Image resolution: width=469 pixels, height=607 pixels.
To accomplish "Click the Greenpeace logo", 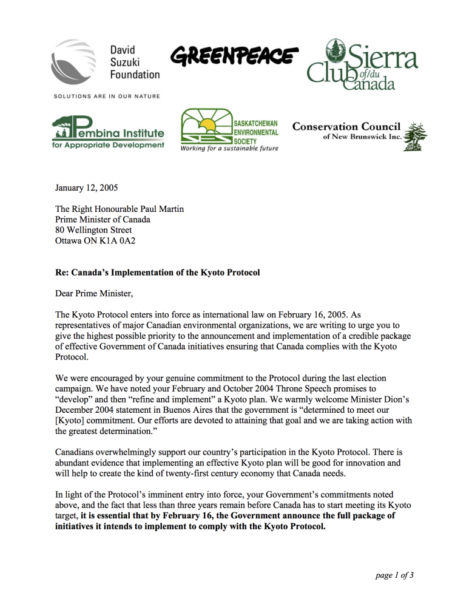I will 234,56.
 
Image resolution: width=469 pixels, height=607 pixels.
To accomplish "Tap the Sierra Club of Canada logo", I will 362,66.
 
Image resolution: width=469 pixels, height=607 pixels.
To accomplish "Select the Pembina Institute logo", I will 108,133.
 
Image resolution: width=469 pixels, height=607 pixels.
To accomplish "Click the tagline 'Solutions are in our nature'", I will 107,96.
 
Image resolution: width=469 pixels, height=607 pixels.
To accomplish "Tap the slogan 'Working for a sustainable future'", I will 229,149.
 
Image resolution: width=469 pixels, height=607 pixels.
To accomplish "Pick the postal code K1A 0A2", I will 116,241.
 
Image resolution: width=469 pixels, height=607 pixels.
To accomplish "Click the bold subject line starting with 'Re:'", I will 157,273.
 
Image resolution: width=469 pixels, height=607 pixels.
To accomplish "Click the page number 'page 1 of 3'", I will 394,575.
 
